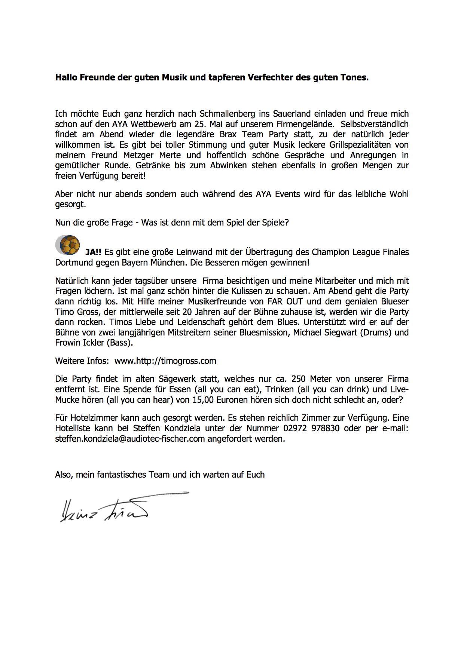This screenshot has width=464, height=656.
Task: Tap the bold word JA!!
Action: click(x=93, y=252)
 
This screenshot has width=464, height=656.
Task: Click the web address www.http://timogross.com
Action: click(x=165, y=361)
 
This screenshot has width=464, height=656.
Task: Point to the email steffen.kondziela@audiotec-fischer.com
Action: click(x=130, y=439)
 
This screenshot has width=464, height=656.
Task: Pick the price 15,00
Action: click(x=203, y=400)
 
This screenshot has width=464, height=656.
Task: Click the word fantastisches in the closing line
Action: click(x=122, y=475)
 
